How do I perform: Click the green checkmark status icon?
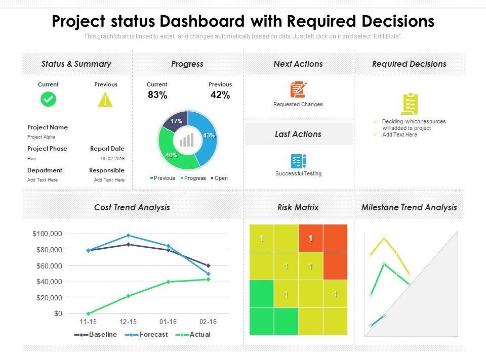click(48, 99)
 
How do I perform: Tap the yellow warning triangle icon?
click(105, 100)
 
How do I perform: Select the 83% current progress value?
click(157, 95)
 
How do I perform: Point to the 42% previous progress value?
click(220, 95)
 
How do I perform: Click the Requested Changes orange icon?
click(298, 89)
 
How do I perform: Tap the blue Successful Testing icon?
click(298, 161)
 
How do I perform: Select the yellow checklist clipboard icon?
click(410, 104)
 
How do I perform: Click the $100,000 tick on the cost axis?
click(47, 234)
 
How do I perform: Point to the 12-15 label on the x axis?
click(128, 322)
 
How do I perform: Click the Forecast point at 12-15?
click(128, 236)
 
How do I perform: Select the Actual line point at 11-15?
click(88, 313)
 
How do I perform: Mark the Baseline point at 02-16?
click(208, 265)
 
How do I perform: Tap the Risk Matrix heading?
click(298, 207)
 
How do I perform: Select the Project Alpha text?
click(41, 137)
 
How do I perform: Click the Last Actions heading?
click(298, 134)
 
